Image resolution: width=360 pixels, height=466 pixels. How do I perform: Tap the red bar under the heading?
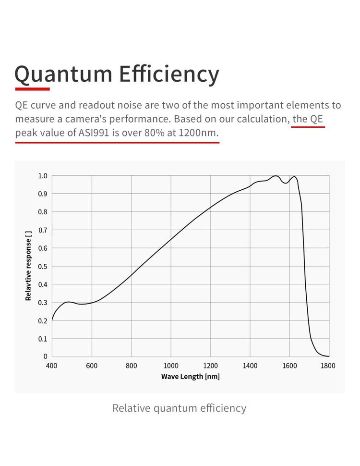coord(32,89)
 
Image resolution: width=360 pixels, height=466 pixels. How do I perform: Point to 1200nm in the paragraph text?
coord(198,133)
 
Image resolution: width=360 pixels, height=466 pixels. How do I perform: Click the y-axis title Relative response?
coord(28,265)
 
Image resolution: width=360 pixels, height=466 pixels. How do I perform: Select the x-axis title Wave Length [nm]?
coord(191,376)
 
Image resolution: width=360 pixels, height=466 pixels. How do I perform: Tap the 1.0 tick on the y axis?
coord(43,176)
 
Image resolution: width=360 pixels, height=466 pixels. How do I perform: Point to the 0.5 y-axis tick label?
coord(43,266)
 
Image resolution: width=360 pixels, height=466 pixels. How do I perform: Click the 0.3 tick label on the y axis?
coord(43,302)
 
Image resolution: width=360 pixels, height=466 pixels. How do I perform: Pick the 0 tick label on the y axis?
coord(46,356)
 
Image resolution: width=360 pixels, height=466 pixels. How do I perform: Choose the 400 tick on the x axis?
coord(52,366)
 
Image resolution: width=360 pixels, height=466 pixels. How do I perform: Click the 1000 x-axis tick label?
coord(171,366)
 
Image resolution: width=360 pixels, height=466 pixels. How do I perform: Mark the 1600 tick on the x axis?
coord(289,366)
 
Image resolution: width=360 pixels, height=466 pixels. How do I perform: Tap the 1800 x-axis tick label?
coord(328,366)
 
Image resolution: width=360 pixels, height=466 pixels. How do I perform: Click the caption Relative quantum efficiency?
coord(179,408)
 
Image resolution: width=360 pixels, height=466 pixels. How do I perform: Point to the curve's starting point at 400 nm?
coord(52,320)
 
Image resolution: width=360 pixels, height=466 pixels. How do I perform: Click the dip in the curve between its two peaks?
coord(286,183)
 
